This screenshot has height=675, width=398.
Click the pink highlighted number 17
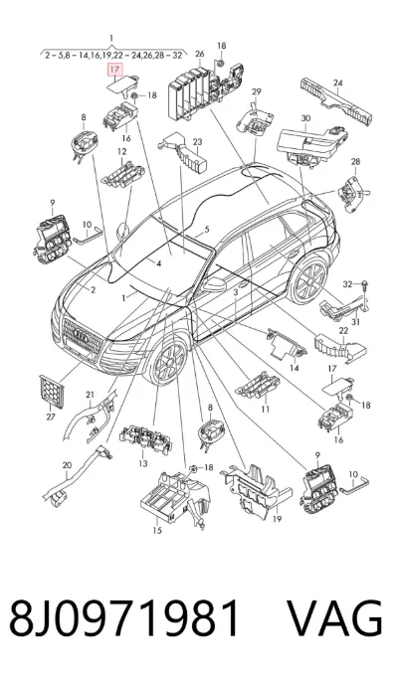point(114,70)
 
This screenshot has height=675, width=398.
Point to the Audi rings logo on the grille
point(83,336)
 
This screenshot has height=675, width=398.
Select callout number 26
point(199,55)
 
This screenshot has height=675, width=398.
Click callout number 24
point(337,83)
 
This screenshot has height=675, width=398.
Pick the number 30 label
point(305,118)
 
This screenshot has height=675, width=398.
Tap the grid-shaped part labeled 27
point(52,392)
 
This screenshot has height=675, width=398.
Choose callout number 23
point(197,141)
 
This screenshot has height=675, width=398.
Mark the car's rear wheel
point(307,280)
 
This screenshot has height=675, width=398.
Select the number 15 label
point(157,530)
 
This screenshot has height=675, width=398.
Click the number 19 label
point(277,519)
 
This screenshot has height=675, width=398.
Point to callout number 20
point(67,465)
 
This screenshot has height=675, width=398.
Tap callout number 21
point(90,395)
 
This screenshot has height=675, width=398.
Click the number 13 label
point(143,463)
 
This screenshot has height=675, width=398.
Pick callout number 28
point(355,162)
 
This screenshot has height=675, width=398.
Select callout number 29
point(257,91)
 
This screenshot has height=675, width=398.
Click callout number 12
point(122,151)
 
